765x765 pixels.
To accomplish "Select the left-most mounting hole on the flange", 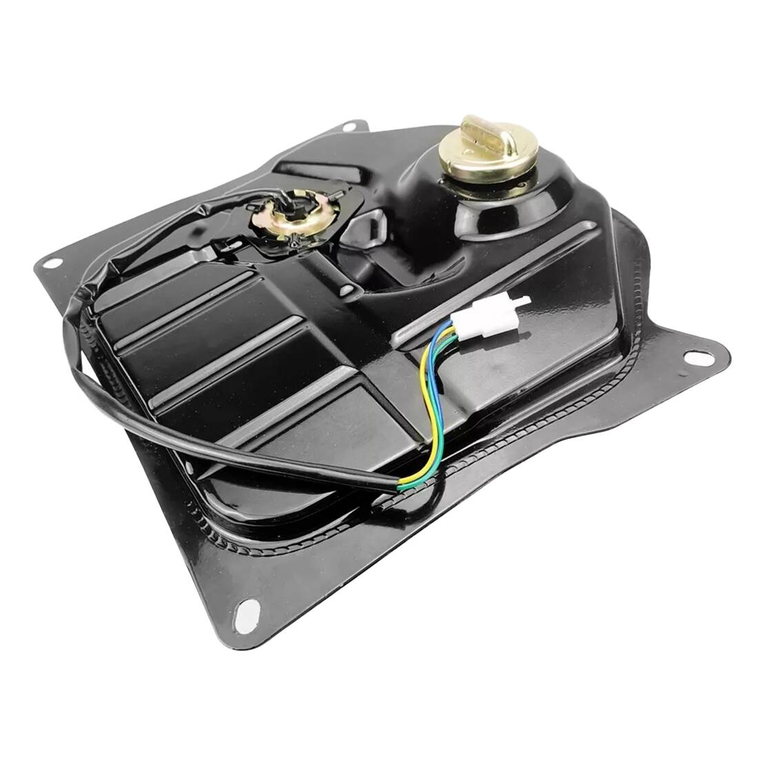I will [52, 263].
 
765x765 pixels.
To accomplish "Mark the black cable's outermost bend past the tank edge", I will [69, 324].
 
